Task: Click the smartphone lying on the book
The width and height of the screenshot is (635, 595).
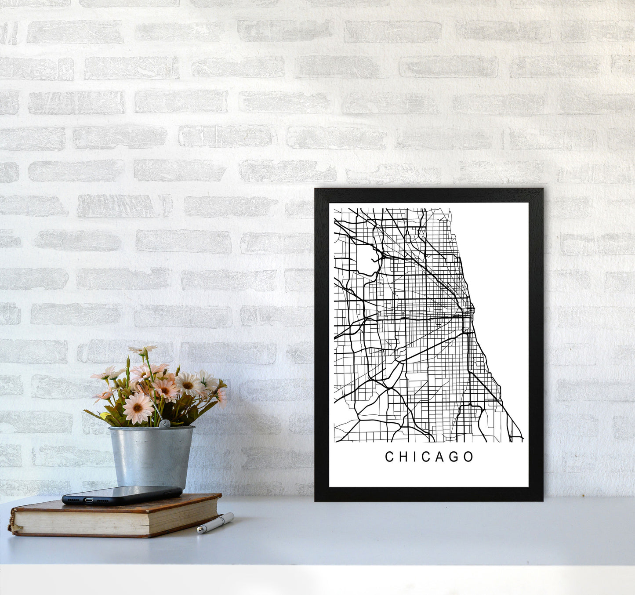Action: click(x=122, y=495)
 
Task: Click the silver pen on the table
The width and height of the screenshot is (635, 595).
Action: click(x=216, y=522)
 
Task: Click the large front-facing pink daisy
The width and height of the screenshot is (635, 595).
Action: click(x=138, y=407)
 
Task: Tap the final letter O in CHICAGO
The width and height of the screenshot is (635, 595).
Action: click(x=468, y=457)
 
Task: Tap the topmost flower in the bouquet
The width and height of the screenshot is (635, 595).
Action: click(x=142, y=350)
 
